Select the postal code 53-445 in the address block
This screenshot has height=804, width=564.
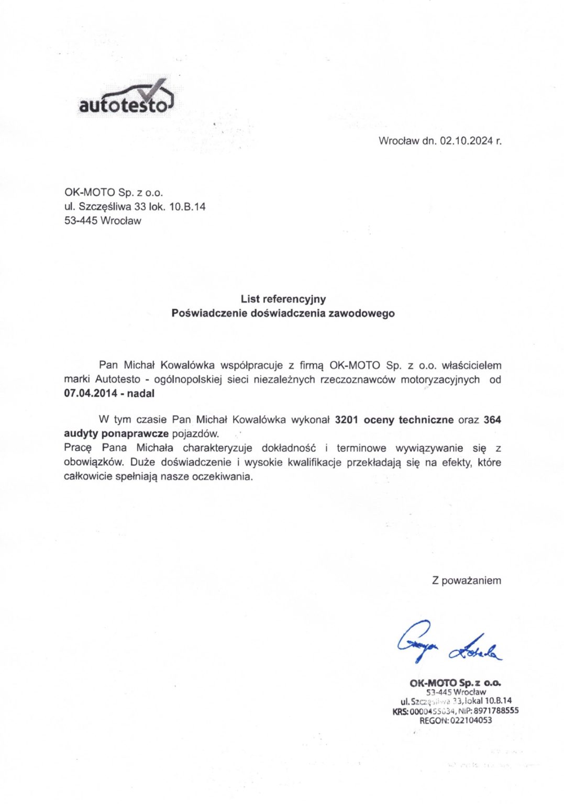81,221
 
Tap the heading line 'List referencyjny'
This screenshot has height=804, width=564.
283,299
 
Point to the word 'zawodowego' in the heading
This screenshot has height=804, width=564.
362,314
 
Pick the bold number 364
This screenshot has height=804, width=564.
492,420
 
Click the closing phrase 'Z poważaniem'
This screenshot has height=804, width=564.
466,580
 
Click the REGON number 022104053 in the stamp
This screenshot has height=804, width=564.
471,720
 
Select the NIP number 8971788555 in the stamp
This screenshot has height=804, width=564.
496,710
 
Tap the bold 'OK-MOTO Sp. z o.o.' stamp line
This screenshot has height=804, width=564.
455,683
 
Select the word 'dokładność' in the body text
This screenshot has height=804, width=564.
289,448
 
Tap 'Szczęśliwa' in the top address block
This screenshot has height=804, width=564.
104,207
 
